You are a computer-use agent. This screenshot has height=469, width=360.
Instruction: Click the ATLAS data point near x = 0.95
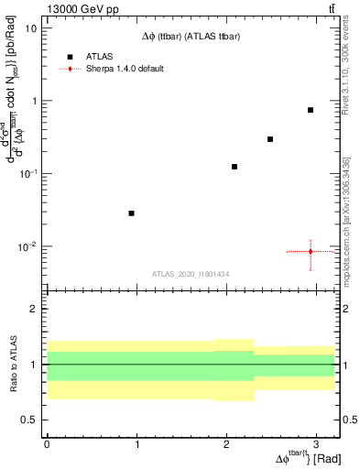click(x=131, y=213)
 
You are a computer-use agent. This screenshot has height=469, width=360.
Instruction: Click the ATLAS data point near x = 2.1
click(x=235, y=167)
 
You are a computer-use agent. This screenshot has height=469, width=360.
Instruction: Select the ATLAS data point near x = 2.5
click(x=270, y=139)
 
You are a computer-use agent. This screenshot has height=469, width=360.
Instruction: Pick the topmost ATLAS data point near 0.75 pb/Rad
click(x=311, y=110)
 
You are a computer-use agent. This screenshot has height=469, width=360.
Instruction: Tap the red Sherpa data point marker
click(x=311, y=251)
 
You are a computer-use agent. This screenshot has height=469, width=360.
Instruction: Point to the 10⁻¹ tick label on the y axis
click(x=28, y=173)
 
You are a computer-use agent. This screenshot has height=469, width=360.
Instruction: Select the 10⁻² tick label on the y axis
click(x=28, y=246)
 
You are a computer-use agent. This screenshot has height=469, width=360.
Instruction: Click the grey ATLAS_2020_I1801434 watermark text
click(x=190, y=274)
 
